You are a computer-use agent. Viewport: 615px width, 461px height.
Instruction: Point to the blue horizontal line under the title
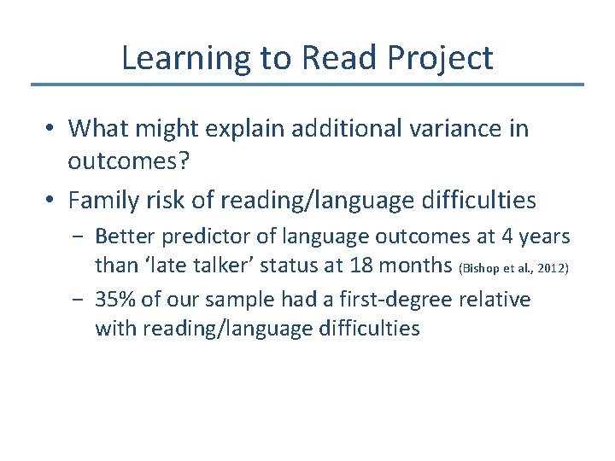point(307,85)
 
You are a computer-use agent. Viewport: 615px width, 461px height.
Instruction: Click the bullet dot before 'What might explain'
point(51,129)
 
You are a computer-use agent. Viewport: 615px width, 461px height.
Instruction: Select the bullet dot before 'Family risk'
point(51,201)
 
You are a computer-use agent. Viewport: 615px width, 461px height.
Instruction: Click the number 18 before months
point(363,265)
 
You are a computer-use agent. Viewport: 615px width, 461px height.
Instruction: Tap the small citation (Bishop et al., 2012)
point(512,268)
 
